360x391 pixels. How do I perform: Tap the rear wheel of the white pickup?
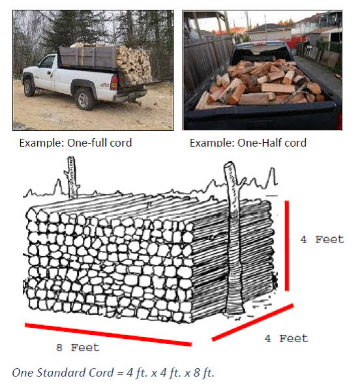click(x=85, y=98)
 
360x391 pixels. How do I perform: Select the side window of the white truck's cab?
click(x=47, y=64)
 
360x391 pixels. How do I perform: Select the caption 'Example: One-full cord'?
click(x=75, y=143)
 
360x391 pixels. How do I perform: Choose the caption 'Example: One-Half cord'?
click(x=248, y=143)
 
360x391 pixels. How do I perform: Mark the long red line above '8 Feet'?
click(x=108, y=334)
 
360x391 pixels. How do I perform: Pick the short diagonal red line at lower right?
click(x=251, y=326)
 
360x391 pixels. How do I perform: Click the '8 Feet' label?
click(x=77, y=348)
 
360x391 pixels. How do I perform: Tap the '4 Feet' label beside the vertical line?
click(x=322, y=239)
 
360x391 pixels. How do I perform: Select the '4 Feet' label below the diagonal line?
click(x=286, y=338)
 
